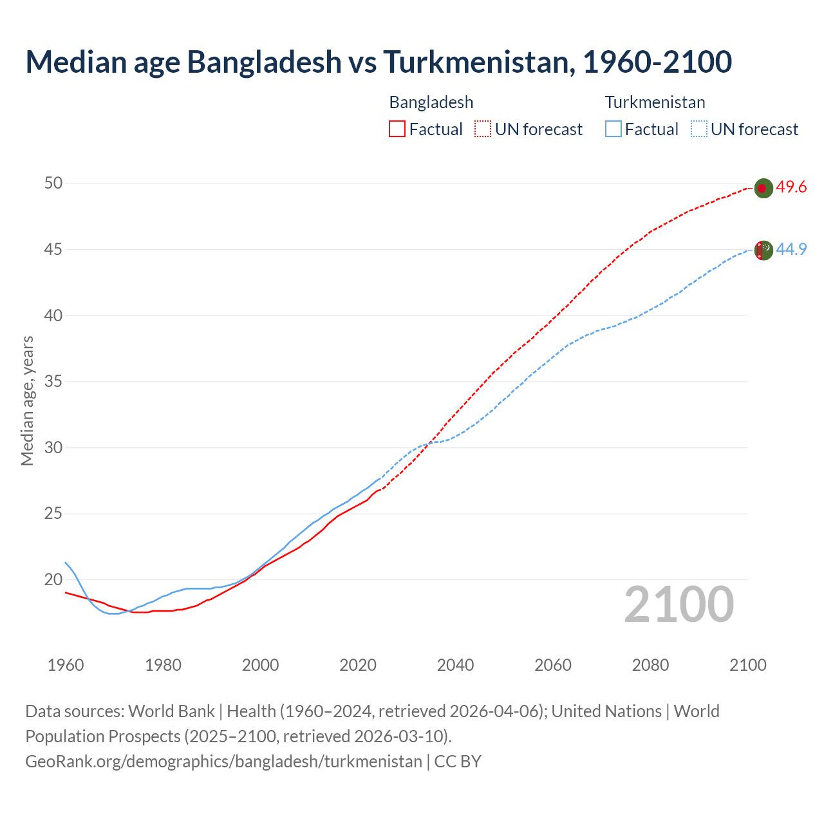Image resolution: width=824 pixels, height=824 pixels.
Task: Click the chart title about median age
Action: point(379,62)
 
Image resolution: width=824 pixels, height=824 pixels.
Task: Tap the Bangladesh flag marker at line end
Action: point(763,188)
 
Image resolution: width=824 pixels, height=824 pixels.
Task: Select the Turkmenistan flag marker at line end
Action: point(763,250)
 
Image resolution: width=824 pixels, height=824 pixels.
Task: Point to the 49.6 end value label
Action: point(791,187)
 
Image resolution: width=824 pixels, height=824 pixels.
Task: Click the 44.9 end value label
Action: point(791,249)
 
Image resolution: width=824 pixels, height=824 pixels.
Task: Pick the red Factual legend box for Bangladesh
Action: point(397,129)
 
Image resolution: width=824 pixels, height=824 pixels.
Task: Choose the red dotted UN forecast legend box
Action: point(483,129)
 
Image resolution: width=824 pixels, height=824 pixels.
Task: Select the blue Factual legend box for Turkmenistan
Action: point(613,129)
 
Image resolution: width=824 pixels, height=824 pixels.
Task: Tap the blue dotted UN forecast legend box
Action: point(698,129)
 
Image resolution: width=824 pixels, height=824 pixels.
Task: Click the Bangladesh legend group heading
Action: point(431,102)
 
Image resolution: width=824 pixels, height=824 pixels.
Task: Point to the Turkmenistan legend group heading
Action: point(655,102)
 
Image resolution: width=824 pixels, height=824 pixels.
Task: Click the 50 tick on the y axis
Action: point(53,183)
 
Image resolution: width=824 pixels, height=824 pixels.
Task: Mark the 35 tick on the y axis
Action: point(53,382)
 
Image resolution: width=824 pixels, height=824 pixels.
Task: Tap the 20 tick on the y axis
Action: point(53,579)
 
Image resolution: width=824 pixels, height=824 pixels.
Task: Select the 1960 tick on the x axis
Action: point(66,665)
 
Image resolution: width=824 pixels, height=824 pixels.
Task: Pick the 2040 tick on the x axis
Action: point(455,665)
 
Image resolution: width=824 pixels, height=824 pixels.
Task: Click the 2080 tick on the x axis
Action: point(650,665)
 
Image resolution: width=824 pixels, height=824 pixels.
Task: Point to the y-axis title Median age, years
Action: point(27,400)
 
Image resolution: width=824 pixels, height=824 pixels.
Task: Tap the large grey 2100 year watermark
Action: point(679,604)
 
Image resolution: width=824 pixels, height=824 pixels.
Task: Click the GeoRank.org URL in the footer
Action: point(223,761)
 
